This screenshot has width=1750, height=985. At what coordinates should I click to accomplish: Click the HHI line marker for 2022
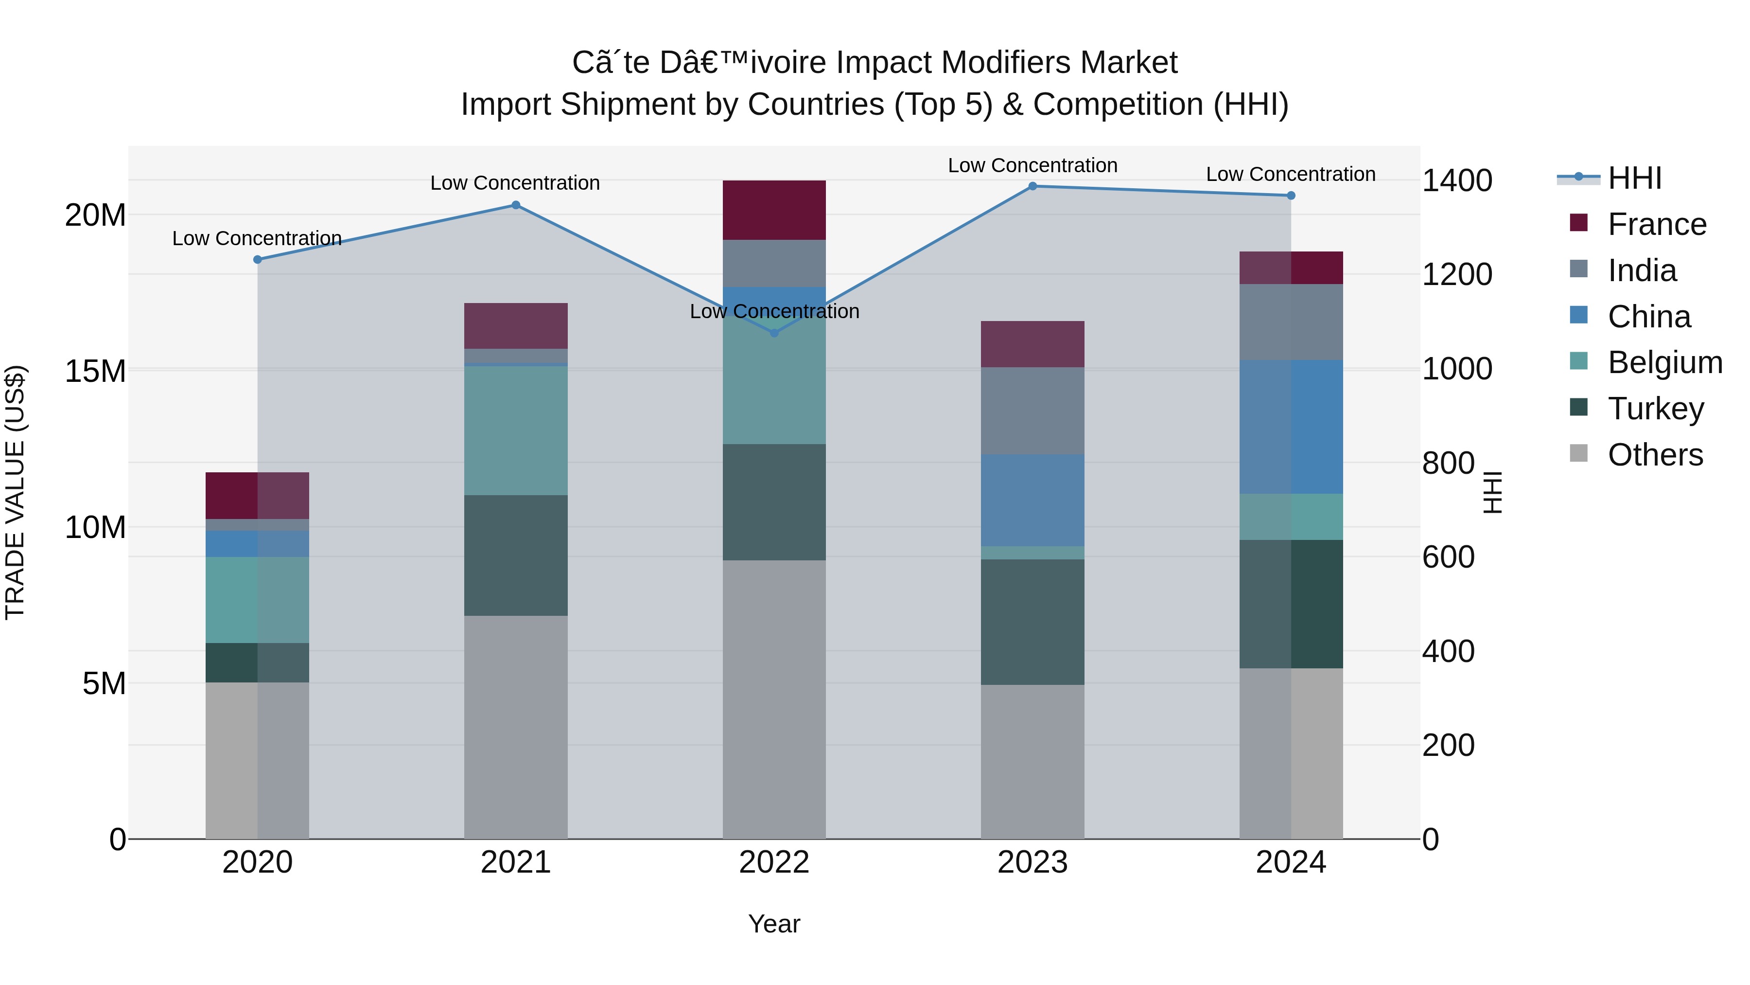[x=774, y=332]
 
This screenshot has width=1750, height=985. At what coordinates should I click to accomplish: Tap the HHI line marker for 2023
[x=1032, y=186]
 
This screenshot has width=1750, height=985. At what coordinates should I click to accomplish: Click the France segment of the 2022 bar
[x=774, y=210]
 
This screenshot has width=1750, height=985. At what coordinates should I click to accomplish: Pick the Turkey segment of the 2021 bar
[x=516, y=555]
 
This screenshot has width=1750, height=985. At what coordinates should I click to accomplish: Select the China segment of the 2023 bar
[x=1032, y=501]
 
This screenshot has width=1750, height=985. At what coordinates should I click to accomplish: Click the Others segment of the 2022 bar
[x=774, y=699]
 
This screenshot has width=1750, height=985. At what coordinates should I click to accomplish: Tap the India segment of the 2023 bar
[x=1032, y=411]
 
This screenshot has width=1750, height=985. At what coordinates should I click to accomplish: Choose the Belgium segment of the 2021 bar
[x=516, y=430]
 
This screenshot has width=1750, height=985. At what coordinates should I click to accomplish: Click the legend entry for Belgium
[x=1664, y=362]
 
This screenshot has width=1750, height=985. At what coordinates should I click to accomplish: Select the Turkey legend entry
[x=1656, y=409]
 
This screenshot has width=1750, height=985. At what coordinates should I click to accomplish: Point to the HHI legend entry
[x=1634, y=178]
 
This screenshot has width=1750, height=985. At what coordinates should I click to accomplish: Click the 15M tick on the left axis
[x=95, y=372]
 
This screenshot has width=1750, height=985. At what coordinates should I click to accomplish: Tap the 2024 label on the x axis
[x=1291, y=862]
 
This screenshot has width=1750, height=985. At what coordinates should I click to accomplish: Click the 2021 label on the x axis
[x=516, y=862]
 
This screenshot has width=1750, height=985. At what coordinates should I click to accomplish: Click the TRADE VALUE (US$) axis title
[x=15, y=492]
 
